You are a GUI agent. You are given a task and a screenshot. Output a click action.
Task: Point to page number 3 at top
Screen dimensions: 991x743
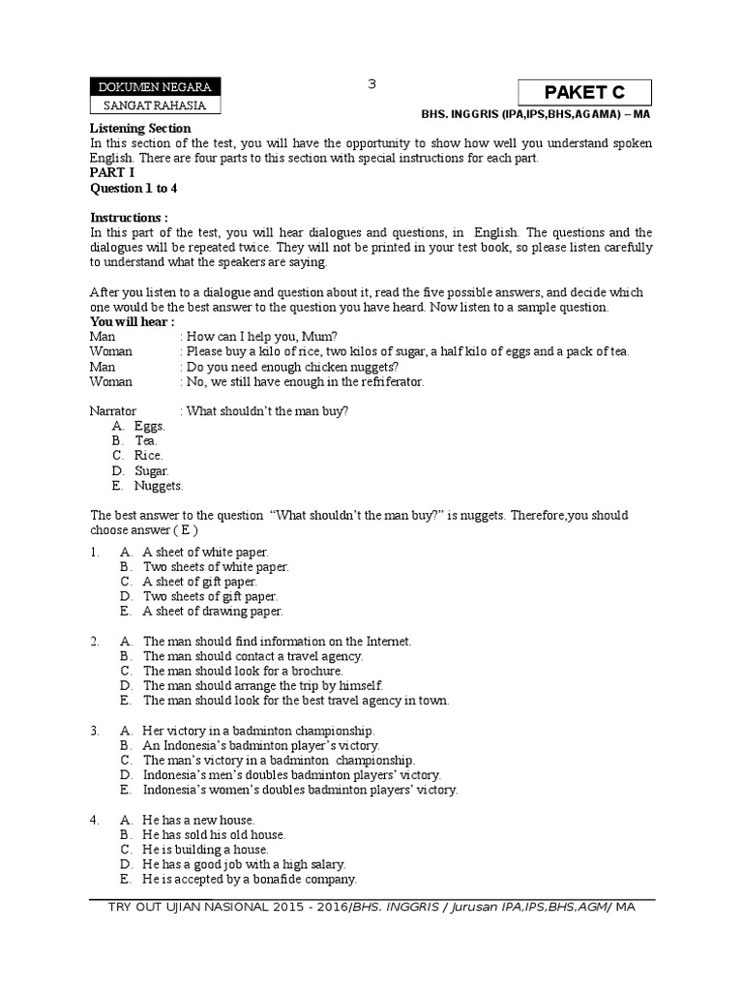click(371, 84)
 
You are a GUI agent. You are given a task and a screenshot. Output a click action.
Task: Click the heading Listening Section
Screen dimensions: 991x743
click(140, 128)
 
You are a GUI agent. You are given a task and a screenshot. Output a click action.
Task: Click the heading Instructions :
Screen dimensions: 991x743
click(129, 217)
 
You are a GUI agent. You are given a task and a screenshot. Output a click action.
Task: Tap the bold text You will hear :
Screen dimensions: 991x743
click(133, 321)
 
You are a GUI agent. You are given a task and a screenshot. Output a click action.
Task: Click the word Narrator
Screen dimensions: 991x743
click(113, 410)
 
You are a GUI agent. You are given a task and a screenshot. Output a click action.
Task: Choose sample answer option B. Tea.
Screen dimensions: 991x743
click(146, 440)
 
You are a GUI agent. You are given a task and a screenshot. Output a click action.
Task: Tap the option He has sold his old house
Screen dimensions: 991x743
click(214, 834)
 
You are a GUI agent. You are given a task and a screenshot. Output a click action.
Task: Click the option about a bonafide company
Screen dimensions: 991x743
click(250, 879)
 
